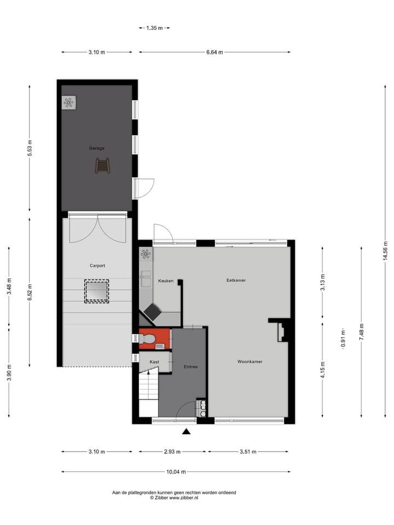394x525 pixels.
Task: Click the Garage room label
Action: coord(97,148)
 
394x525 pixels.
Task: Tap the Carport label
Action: coord(97,266)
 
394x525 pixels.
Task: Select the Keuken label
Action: coord(165,281)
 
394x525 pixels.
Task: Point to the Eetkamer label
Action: coord(236,280)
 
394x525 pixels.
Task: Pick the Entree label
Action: coord(190,367)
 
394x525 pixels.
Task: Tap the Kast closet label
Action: coord(154,362)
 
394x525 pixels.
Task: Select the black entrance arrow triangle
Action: coord(187,431)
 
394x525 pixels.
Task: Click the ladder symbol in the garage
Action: coord(102,165)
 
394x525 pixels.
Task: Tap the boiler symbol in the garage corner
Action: coord(68,103)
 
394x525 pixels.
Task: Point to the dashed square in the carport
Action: coord(96,291)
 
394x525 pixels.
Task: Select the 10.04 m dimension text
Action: coord(177,472)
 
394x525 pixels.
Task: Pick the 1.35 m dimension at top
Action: coord(154,27)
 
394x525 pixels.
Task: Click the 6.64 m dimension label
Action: coord(215,52)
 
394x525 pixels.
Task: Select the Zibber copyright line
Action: coord(174,498)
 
